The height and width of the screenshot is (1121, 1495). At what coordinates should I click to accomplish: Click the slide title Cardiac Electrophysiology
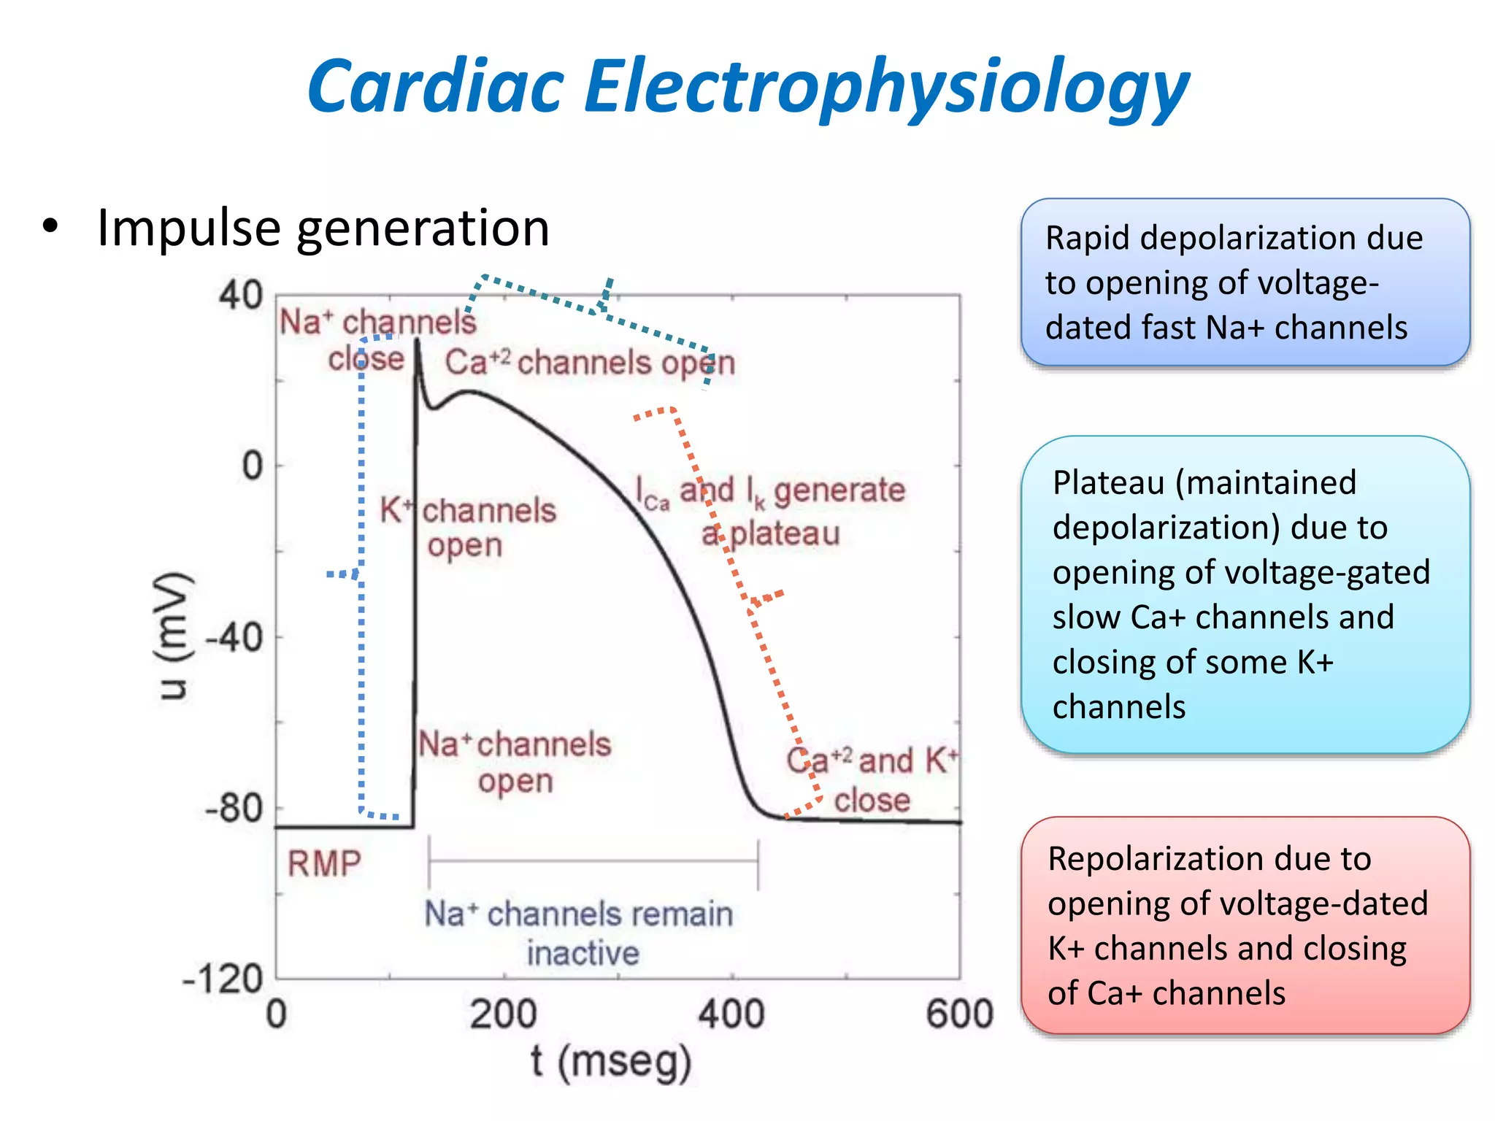[747, 88]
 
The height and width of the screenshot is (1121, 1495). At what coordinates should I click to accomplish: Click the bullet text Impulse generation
[323, 228]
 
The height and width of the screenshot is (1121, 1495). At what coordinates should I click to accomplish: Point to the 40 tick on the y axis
[241, 296]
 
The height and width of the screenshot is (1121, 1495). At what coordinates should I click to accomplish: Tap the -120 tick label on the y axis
[223, 979]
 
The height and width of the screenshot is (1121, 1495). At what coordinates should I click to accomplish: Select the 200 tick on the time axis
[503, 1014]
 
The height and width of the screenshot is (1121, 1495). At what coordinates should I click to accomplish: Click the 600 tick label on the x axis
[959, 1014]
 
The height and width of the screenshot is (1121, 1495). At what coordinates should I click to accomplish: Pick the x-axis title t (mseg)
[610, 1061]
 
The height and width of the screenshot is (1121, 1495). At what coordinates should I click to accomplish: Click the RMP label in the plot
[324, 863]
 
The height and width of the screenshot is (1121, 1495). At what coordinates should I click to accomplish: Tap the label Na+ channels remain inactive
[580, 933]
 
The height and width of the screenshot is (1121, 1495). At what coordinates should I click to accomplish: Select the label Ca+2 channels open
[590, 363]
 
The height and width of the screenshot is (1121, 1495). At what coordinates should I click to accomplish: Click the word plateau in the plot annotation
[785, 533]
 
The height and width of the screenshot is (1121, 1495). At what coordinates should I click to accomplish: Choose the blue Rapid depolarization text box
[1245, 282]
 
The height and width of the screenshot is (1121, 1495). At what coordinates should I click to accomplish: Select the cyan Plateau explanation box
[1245, 594]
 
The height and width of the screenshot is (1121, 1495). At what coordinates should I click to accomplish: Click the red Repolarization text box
[1245, 925]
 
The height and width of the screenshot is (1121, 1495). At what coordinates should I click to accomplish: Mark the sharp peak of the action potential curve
[418, 342]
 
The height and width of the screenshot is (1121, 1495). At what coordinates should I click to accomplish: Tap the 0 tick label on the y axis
[253, 466]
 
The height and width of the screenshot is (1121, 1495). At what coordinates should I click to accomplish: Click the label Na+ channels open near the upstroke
[515, 762]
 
